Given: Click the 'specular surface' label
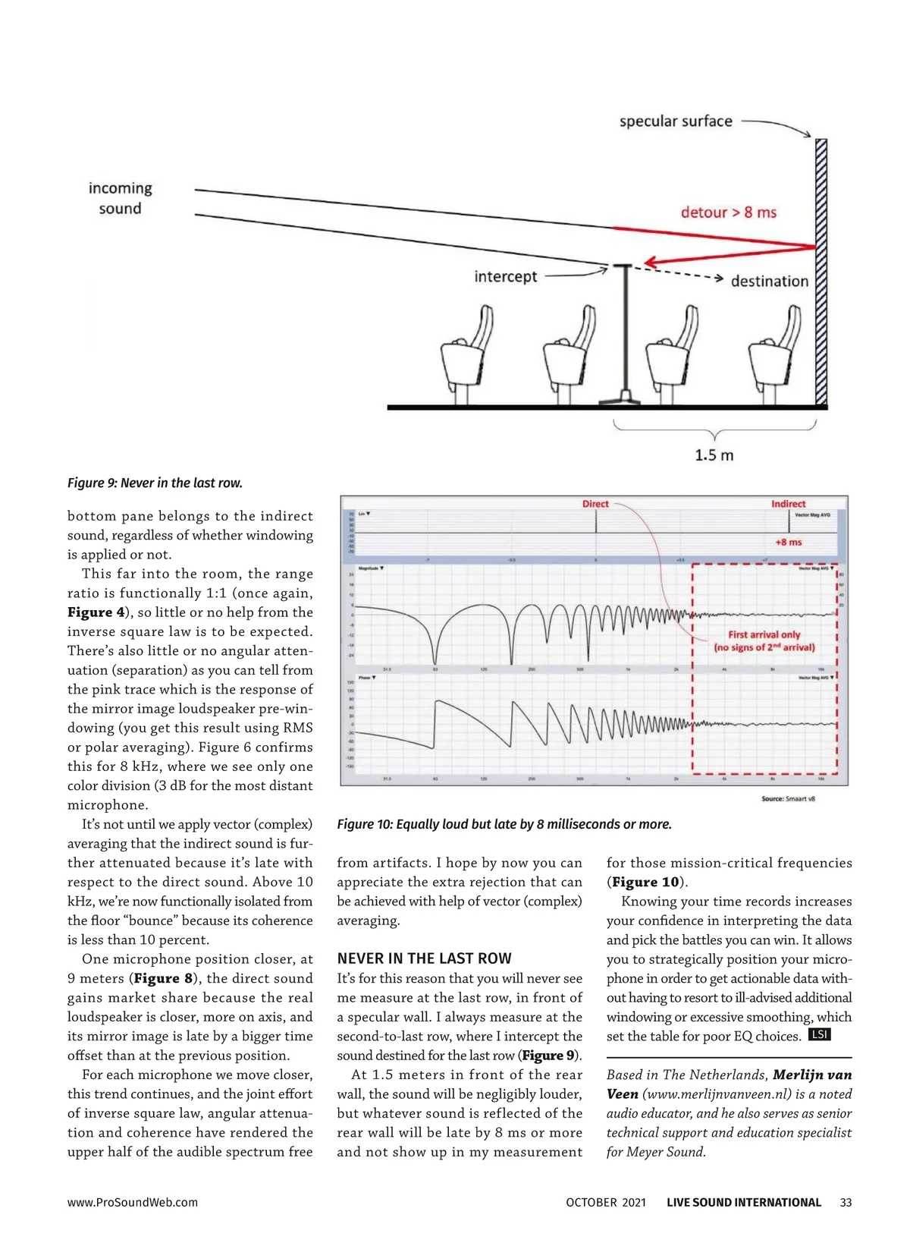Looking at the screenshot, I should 676,121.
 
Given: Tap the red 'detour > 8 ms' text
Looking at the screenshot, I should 728,212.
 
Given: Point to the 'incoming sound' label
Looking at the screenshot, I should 120,198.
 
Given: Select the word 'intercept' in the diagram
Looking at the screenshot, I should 506,277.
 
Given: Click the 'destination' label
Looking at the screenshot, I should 769,282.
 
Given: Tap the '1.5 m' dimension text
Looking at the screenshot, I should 714,455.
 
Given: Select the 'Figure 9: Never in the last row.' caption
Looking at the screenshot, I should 155,483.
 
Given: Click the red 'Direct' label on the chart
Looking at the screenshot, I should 595,504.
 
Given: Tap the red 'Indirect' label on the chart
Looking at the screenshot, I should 788,504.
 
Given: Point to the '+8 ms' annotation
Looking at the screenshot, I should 788,542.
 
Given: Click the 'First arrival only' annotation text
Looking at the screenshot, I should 764,634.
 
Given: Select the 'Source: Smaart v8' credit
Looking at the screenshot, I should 788,798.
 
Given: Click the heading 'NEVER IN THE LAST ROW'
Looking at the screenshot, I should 424,958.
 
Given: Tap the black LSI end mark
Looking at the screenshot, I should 819,1034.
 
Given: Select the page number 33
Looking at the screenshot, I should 846,1203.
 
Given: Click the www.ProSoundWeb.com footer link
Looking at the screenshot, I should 132,1203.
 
